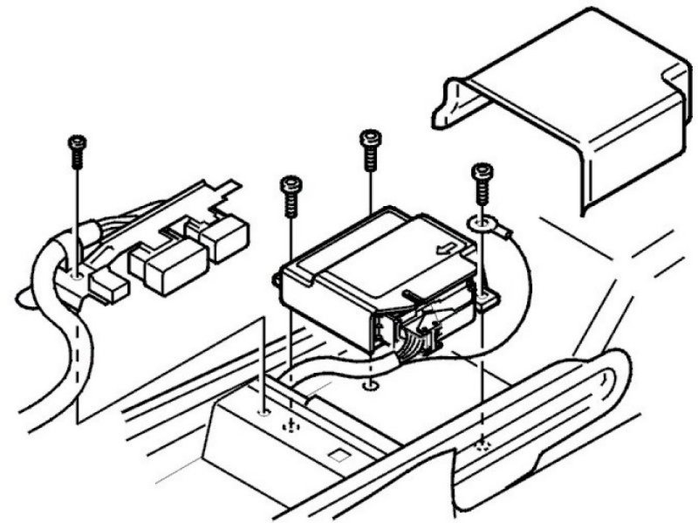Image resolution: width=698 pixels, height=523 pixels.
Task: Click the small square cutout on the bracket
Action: pyautogui.click(x=337, y=455)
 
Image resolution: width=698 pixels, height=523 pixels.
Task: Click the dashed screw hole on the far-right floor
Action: pyautogui.click(x=482, y=446)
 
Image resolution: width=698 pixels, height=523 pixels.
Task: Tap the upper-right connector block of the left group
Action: pyautogui.click(x=225, y=235)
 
